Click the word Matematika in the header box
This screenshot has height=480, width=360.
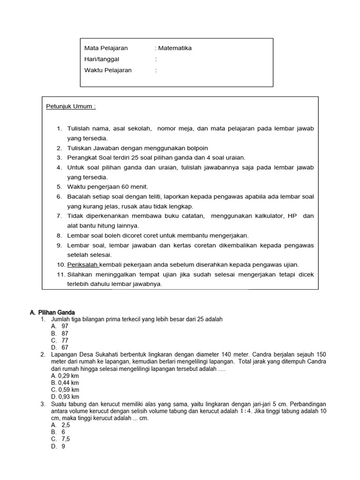(x=175, y=48)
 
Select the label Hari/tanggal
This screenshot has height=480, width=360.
(x=102, y=60)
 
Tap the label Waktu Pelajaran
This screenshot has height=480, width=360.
(x=108, y=70)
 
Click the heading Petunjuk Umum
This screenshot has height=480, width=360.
(x=71, y=106)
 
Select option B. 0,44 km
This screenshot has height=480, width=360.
(x=65, y=383)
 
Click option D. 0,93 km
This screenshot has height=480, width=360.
(x=65, y=397)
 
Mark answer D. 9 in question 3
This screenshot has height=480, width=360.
(x=58, y=447)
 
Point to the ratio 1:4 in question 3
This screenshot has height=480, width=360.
(x=246, y=411)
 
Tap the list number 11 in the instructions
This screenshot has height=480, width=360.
(x=60, y=274)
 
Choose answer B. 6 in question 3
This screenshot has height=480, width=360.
(x=58, y=432)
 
